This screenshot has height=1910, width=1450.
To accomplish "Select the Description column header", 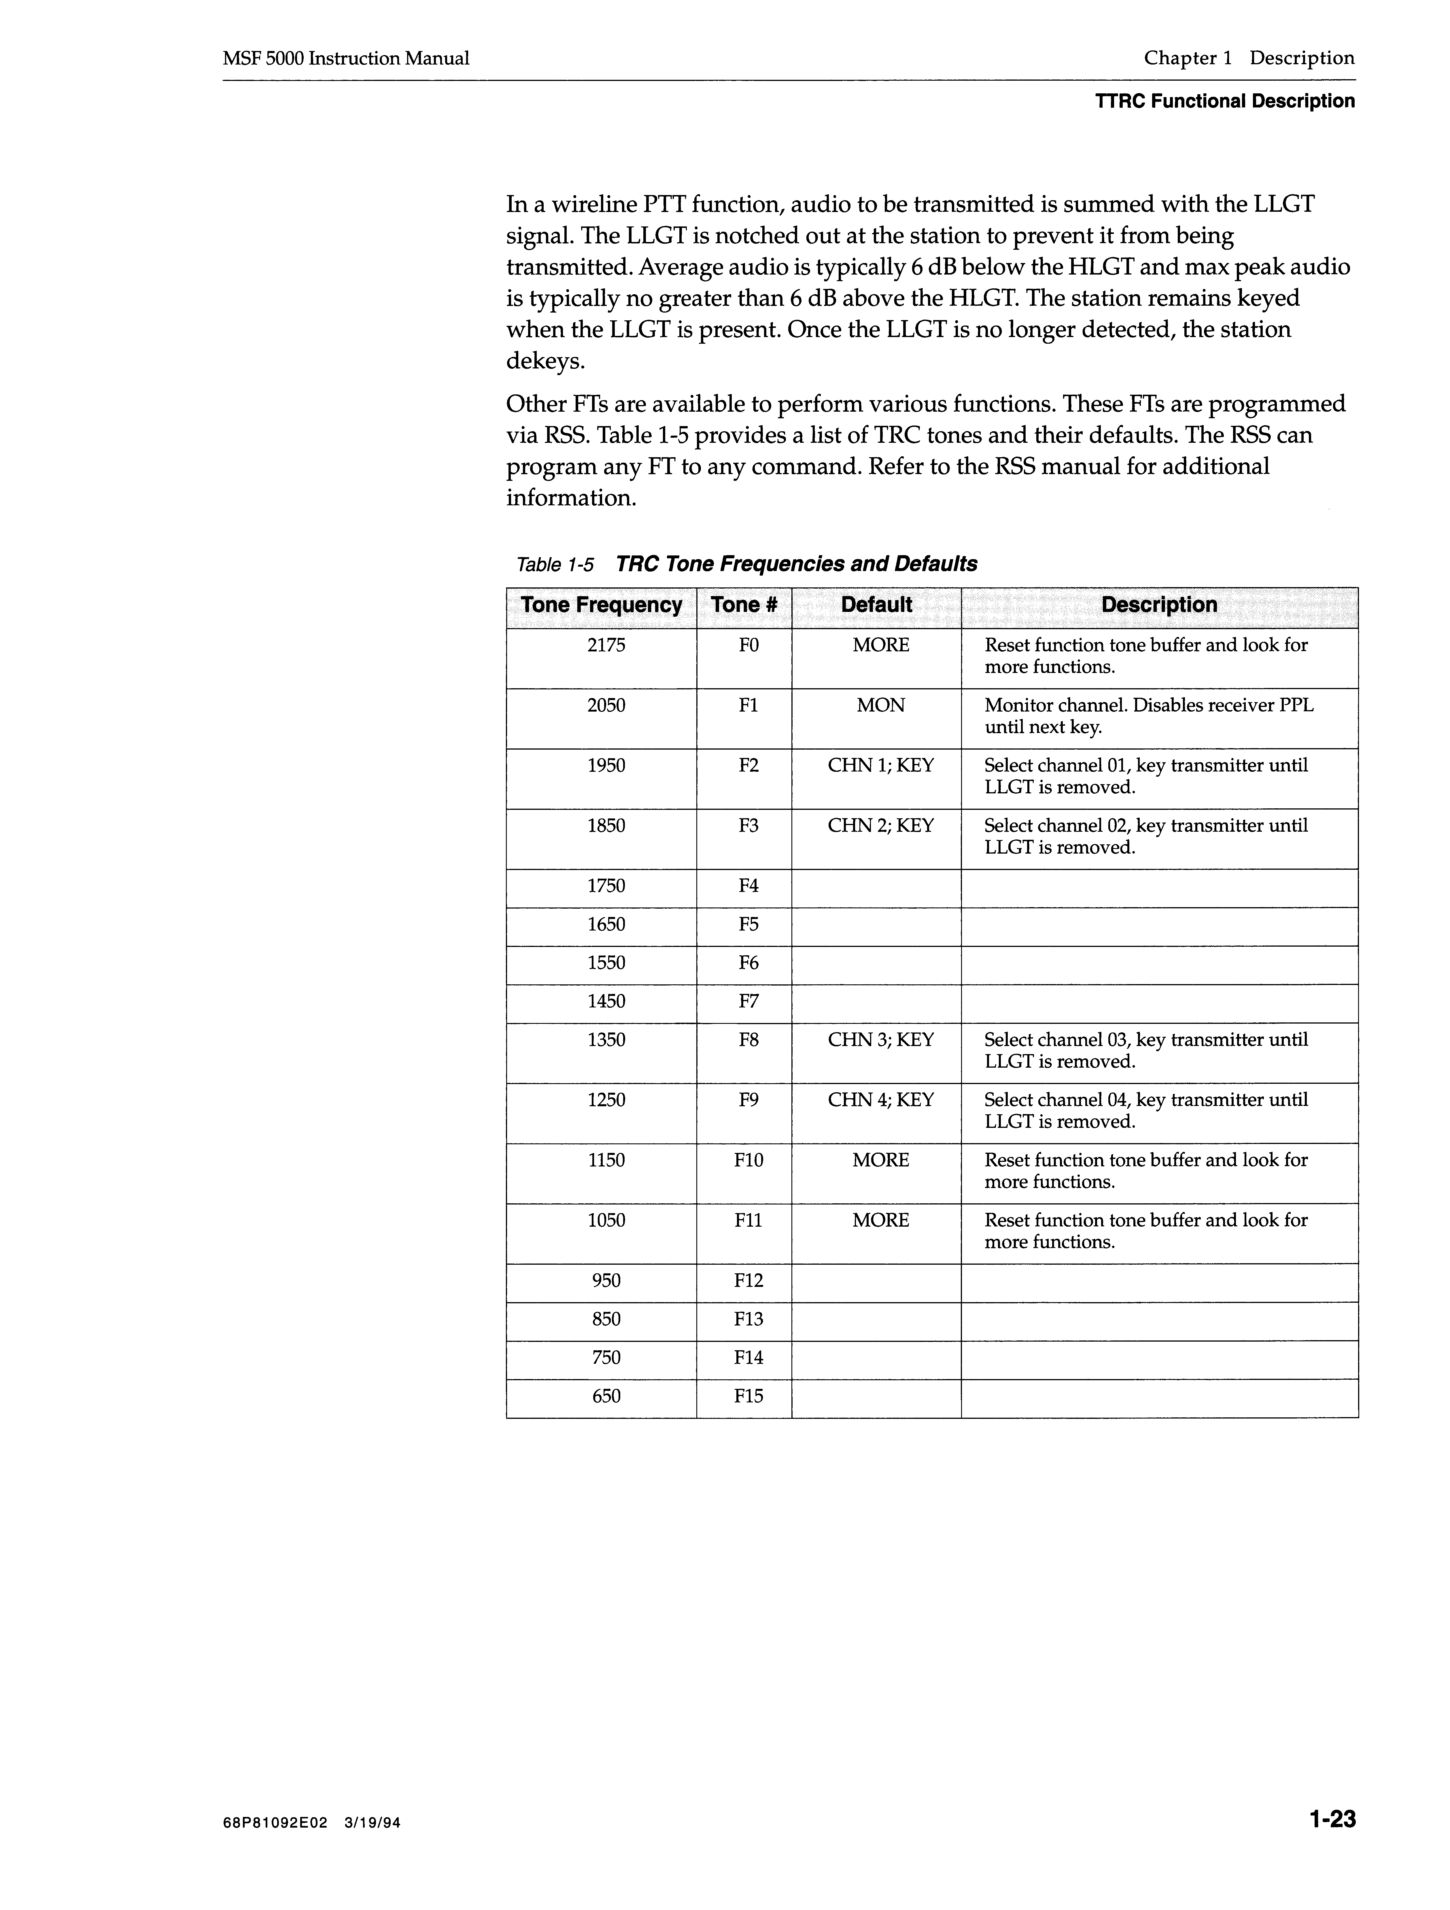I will click(1159, 605).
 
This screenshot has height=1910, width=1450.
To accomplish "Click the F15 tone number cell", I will click(748, 1396).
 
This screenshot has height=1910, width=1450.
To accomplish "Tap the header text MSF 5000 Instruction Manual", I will click(345, 59).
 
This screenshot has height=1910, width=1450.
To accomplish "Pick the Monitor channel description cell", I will click(1149, 716).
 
